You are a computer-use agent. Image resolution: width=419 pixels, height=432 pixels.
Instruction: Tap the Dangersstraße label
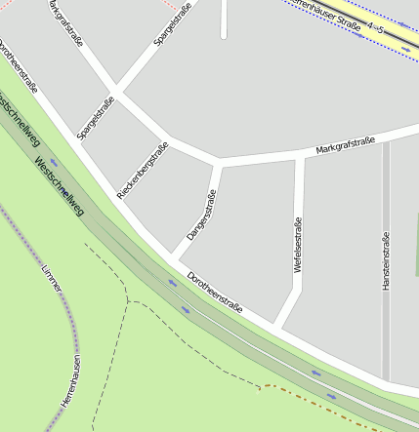[200, 216]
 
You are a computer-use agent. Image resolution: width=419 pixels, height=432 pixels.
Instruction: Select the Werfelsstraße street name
[297, 245]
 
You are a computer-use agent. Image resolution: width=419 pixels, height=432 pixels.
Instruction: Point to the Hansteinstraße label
[387, 261]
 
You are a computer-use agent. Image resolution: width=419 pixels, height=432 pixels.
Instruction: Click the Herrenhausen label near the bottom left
[69, 380]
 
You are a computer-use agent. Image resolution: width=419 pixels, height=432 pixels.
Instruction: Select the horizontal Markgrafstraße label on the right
[346, 146]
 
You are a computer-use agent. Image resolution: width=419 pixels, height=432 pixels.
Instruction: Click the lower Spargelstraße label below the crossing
[96, 120]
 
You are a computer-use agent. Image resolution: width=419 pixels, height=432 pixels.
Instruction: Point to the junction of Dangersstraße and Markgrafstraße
[217, 161]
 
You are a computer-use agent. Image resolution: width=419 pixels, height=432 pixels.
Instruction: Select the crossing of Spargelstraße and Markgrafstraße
[114, 95]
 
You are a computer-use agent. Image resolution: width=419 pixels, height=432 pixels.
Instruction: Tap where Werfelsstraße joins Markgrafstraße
[300, 154]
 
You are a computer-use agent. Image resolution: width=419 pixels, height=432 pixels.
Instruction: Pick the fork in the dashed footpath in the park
[128, 299]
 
